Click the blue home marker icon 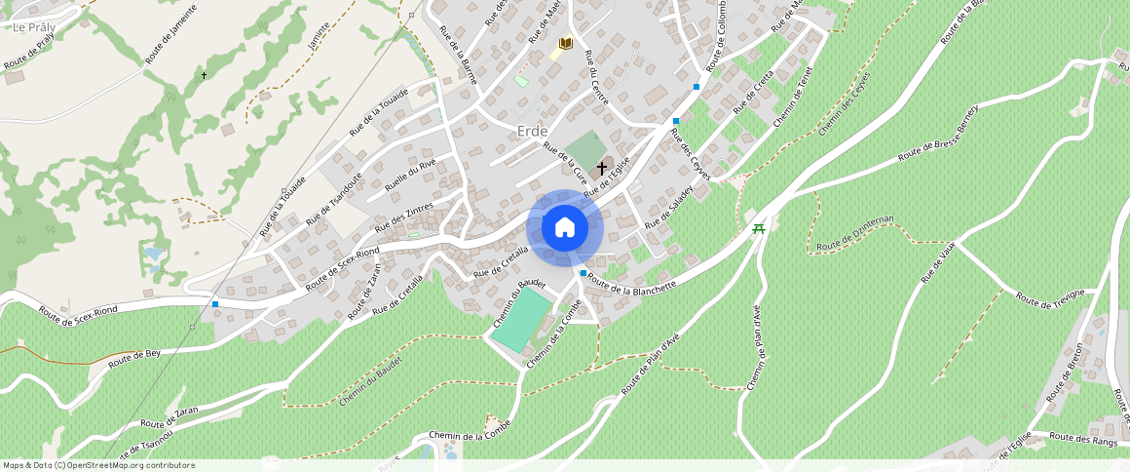coord(565,228)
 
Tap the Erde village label coord(532,131)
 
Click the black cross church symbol coord(602,169)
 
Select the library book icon coord(565,44)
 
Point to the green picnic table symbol coord(758,228)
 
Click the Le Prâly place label coord(34,26)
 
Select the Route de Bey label coord(134,358)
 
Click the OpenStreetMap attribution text coord(98,465)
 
